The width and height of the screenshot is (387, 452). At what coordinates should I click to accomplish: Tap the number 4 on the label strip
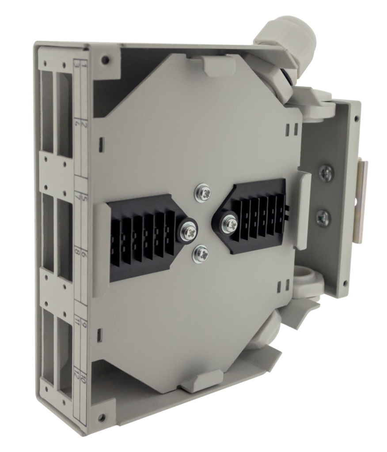77,124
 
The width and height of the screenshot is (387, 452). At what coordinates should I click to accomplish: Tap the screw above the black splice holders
203,192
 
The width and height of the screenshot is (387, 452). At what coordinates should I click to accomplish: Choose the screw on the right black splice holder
229,222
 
